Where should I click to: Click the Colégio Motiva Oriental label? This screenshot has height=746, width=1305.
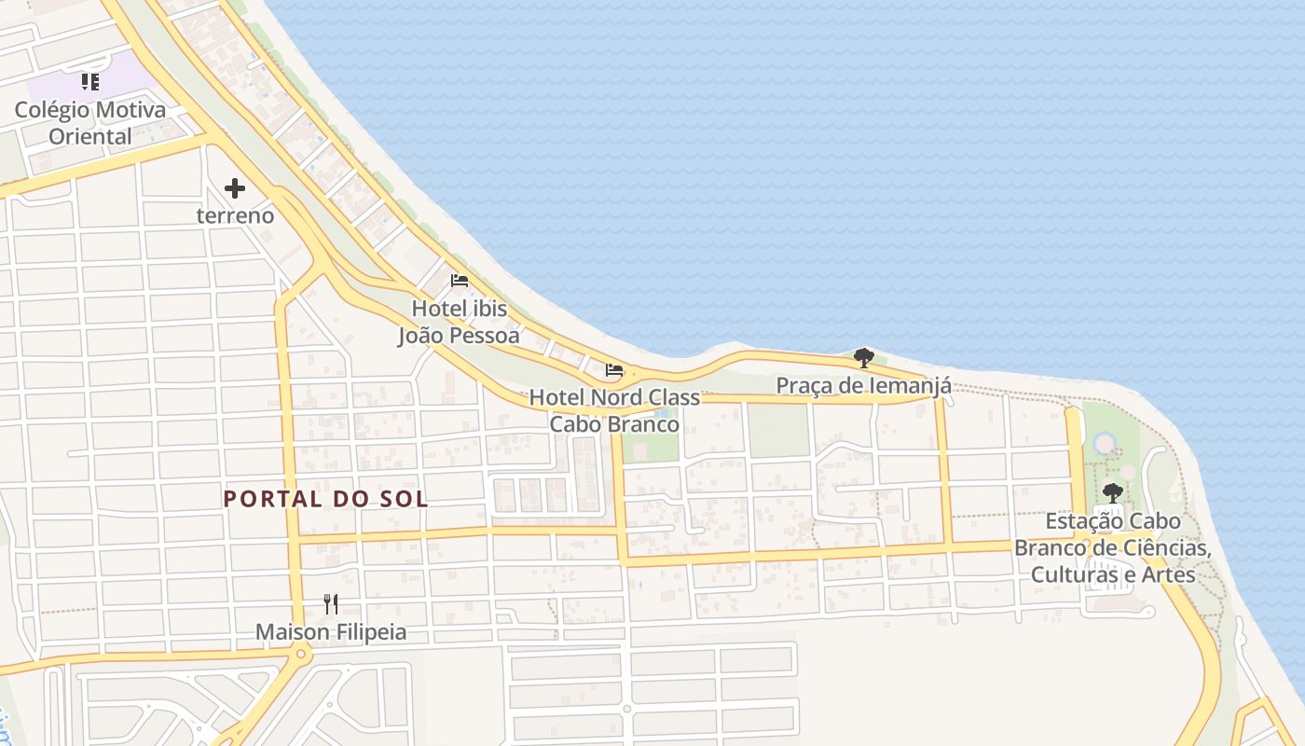click(90, 122)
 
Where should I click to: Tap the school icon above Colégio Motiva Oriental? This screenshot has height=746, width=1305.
click(89, 82)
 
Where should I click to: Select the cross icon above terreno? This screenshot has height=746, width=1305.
click(235, 189)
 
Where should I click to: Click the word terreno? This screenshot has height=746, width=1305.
click(235, 215)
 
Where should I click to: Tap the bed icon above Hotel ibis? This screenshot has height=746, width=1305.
click(459, 280)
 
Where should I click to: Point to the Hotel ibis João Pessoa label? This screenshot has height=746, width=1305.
click(459, 322)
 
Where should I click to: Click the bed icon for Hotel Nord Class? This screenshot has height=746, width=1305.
click(614, 370)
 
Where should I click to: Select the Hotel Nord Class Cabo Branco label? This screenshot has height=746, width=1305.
click(614, 410)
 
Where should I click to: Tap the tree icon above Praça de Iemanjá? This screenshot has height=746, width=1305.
click(863, 357)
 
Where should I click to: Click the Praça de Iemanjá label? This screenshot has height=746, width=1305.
click(863, 385)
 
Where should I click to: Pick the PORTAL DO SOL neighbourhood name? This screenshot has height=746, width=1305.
click(326, 499)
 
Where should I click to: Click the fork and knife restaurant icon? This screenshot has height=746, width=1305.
click(330, 603)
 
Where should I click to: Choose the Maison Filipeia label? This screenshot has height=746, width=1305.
click(331, 632)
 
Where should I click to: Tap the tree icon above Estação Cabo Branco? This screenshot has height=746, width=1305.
click(1112, 493)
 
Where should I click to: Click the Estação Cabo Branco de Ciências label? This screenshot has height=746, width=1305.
click(1113, 547)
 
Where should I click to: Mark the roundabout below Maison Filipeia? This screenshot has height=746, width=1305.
click(300, 655)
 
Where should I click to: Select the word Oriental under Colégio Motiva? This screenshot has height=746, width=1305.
click(90, 136)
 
